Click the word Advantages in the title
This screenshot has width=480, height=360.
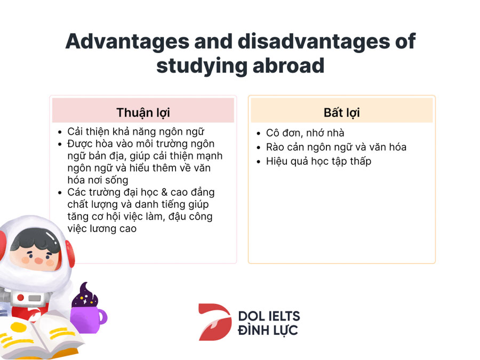coord(127,42)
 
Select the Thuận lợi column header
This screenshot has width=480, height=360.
coord(143,113)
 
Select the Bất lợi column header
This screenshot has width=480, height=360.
coord(342,113)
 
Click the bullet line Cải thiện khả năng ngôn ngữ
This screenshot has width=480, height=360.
coord(135,132)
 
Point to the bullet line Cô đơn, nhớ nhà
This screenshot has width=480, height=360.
coord(305,133)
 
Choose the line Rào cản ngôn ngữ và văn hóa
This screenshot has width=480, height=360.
coord(336,147)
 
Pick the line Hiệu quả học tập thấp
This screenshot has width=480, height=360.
coord(318,161)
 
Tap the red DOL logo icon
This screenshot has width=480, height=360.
coord(215,322)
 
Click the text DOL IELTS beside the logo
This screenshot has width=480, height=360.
coord(269,316)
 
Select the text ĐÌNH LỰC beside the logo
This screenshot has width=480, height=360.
coord(268,330)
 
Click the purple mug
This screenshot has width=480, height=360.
coord(88,319)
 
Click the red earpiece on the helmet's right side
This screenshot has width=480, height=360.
coord(70,254)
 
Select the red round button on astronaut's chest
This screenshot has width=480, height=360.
coord(20,297)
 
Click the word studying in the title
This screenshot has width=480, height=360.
coord(201,66)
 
